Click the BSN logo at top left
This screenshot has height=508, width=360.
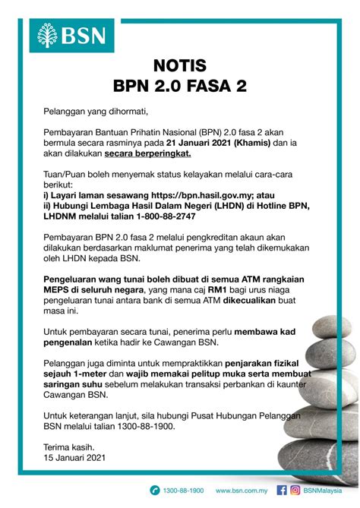(72, 34)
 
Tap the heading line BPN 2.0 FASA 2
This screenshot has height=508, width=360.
(179, 86)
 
